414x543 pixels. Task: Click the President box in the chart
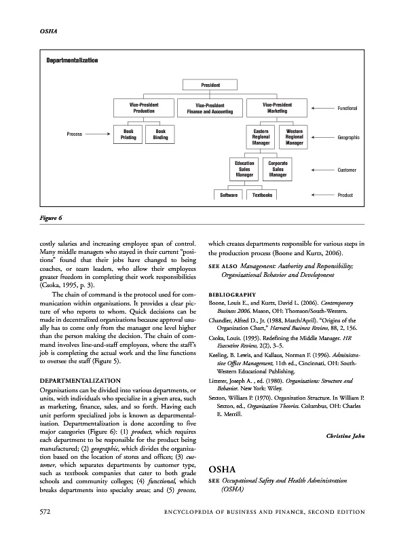(x=210, y=85)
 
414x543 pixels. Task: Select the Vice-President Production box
(x=144, y=108)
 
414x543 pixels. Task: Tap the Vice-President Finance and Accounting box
(x=210, y=109)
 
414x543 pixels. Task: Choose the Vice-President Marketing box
(x=277, y=108)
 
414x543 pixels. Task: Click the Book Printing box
(x=128, y=134)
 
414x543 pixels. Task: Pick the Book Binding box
(x=160, y=134)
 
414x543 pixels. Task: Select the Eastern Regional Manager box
(x=261, y=136)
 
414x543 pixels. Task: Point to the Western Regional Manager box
(x=295, y=136)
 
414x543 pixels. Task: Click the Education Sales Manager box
(x=244, y=169)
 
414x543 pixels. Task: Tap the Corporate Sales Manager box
(x=278, y=169)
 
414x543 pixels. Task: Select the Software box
(x=229, y=195)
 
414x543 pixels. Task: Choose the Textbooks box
(x=262, y=195)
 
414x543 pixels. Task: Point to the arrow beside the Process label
(x=99, y=134)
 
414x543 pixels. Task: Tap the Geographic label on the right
(x=347, y=137)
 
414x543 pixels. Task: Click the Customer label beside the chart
(x=347, y=169)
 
